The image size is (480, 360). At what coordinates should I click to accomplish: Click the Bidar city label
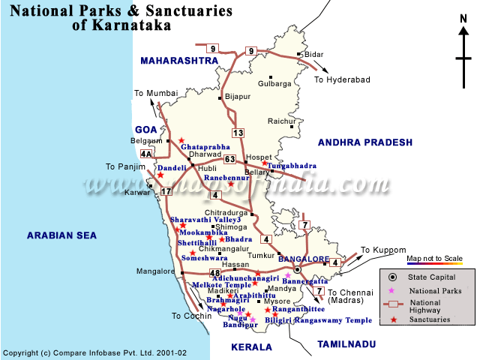[x=313, y=55]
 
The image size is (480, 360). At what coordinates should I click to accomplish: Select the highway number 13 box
[x=238, y=133]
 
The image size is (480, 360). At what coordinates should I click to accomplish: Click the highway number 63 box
[x=230, y=159]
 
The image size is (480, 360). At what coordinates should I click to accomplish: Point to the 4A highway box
[x=145, y=154]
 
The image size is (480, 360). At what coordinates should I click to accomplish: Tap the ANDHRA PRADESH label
[x=365, y=142]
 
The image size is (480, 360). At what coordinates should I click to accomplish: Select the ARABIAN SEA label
[x=61, y=235]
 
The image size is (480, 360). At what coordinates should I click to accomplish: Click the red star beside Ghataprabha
[x=181, y=139]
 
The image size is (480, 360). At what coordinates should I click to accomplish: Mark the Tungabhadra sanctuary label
[x=292, y=166]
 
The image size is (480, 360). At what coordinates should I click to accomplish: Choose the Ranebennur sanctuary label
[x=216, y=178]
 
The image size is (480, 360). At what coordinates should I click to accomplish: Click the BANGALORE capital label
[x=304, y=259]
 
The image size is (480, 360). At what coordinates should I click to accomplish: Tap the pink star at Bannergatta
[x=287, y=275]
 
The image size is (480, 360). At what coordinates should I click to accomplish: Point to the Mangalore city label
[x=155, y=271]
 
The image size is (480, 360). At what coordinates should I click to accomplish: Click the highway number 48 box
[x=216, y=273]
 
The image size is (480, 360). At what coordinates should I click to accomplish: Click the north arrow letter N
[x=463, y=19]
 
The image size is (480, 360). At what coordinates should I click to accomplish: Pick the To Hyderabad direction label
[x=342, y=79]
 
